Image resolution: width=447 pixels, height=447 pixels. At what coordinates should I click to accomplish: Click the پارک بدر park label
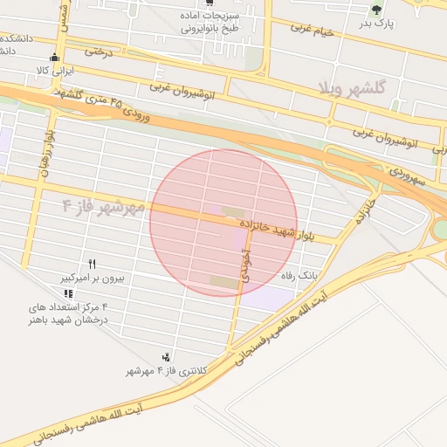[x=377, y=24]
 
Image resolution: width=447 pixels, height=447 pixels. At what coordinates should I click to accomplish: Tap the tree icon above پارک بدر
[x=376, y=10]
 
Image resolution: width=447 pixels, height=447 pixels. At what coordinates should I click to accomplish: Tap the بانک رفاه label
[x=299, y=275]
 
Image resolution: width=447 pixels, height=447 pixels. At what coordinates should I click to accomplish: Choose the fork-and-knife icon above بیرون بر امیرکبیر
[x=92, y=264]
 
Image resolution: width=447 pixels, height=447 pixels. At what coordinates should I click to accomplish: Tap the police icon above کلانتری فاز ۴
[x=166, y=356]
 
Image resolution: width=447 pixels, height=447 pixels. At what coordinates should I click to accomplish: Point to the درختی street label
[x=99, y=53]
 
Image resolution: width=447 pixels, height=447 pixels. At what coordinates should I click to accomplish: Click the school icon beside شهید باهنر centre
[x=69, y=293]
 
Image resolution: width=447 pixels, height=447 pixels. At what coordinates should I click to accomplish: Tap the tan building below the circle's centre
[x=223, y=281]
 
